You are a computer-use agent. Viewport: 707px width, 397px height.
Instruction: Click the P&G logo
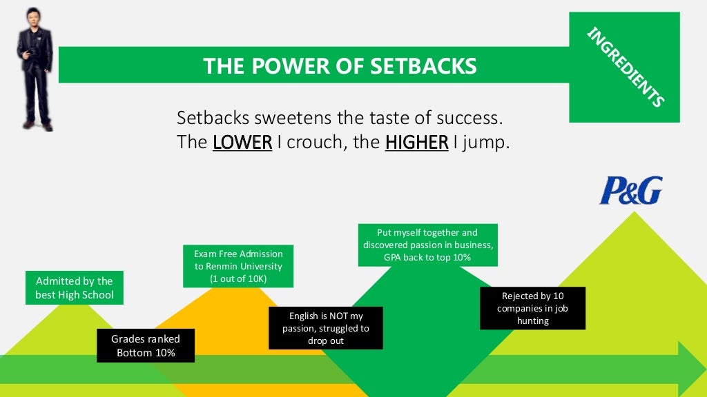coord(630,190)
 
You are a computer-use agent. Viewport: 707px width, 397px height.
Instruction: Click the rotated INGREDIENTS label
coord(625,67)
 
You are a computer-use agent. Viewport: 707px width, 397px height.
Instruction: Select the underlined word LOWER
coord(242,143)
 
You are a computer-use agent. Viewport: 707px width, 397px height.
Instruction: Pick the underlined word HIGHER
coord(416,143)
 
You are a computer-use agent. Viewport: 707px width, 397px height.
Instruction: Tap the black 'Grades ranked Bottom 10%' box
coord(146,345)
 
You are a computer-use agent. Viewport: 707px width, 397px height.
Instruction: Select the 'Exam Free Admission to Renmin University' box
coord(238,266)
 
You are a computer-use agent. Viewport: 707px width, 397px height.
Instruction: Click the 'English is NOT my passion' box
coord(325,328)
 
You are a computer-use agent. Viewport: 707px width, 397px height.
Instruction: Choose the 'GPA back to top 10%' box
coord(427,245)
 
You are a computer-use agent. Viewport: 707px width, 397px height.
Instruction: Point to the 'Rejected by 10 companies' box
coord(532,308)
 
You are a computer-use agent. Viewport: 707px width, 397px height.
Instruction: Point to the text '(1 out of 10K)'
coord(238,278)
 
